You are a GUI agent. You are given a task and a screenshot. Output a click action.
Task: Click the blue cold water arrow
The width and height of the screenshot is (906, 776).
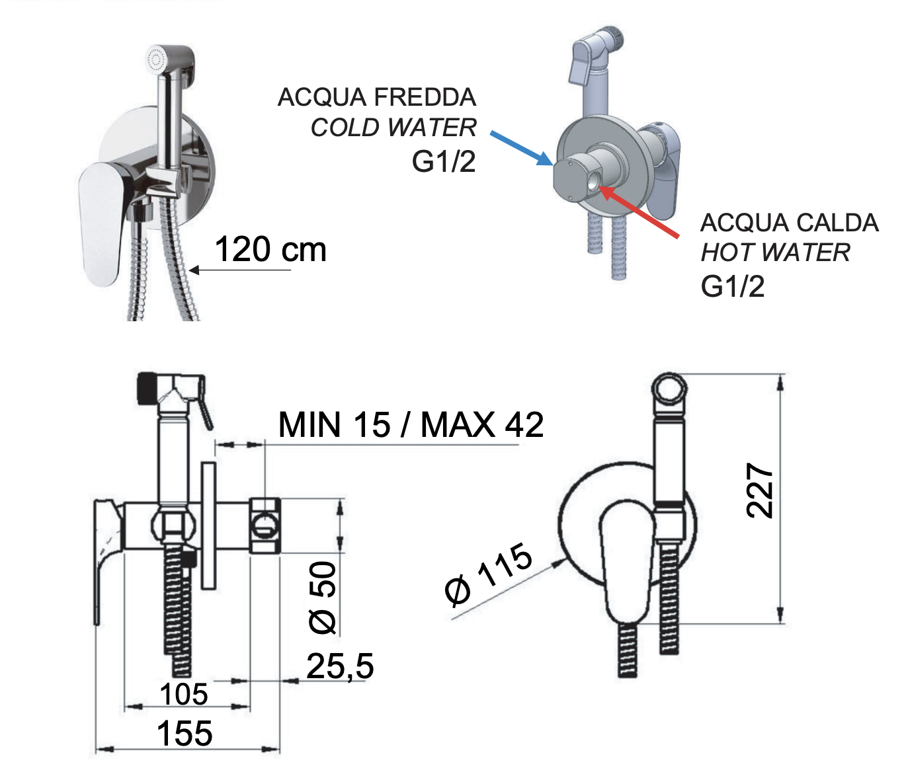tap(521, 149)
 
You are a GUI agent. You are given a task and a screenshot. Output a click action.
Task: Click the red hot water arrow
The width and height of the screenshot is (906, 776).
tap(639, 212)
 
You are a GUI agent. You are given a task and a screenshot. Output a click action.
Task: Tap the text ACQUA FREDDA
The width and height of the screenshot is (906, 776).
tap(377, 97)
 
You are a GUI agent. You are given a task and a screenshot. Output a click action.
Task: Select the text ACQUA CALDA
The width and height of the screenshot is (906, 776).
tap(789, 223)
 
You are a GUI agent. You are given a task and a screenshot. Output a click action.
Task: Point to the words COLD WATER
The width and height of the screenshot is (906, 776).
tap(393, 128)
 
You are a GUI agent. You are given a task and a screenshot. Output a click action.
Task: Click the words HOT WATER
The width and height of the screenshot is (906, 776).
tap(775, 252)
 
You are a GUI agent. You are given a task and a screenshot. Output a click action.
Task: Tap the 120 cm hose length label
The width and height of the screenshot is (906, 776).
tap(270, 249)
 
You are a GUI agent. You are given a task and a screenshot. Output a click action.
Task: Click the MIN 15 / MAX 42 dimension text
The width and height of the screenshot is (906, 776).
tap(411, 424)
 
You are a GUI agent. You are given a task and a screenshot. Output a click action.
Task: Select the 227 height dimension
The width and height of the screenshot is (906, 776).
tap(759, 490)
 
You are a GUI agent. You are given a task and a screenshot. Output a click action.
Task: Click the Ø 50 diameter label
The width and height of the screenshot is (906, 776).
tap(323, 598)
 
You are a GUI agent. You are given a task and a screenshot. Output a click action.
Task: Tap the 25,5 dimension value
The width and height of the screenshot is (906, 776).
tap(340, 666)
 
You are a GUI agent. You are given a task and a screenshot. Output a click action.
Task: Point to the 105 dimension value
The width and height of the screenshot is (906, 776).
tap(184, 695)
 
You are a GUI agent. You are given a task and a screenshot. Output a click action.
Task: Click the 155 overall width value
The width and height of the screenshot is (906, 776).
tap(185, 734)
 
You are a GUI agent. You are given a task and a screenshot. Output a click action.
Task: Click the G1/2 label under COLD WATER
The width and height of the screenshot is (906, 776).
tap(444, 161)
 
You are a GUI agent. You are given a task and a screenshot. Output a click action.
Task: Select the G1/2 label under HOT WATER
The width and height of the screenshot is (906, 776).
tap(733, 286)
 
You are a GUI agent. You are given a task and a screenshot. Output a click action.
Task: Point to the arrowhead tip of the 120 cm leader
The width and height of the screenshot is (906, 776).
tap(189, 270)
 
